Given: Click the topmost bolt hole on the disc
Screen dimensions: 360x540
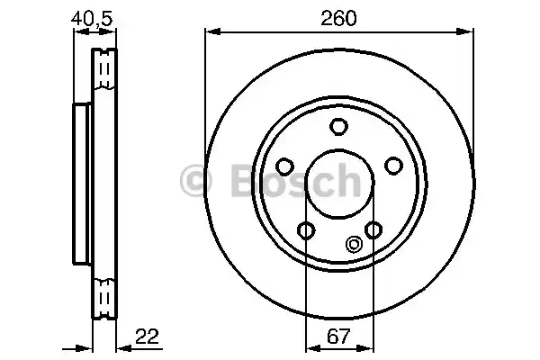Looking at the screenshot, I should [338, 127].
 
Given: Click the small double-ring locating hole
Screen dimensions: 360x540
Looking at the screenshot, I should [353, 241].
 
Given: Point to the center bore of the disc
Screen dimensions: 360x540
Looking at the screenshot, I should [338, 180].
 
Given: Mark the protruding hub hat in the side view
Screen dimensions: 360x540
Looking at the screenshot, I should [81, 180].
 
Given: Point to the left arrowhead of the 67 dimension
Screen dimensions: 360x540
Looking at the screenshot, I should [310, 348].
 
